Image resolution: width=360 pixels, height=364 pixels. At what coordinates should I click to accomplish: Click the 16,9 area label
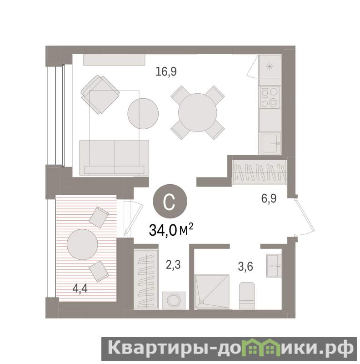pos(166,71)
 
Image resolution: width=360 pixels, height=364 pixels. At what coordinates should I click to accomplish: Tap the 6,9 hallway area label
pos(269,199)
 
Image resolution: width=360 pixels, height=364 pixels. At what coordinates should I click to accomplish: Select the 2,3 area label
pos(173,265)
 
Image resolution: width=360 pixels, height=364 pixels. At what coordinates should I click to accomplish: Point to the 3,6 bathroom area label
pos(245,267)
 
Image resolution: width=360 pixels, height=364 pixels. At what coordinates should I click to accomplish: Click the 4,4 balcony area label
pos(80,289)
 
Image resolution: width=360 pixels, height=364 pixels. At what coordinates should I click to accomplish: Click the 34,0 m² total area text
pos(171,230)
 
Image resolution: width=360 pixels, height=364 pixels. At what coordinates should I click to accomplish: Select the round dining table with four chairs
pos(198,112)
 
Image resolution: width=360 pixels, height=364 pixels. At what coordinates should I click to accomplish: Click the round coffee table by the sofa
pos(143,114)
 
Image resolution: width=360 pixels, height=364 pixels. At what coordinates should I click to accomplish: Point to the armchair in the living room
pos(100,95)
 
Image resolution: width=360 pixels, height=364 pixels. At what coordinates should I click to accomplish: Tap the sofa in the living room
pos(114,157)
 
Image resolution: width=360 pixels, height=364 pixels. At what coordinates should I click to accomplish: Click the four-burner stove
pos(270,97)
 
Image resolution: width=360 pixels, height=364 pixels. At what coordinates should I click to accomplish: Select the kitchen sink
pos(271,143)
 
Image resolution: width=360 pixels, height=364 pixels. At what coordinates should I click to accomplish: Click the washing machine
pos(174,300)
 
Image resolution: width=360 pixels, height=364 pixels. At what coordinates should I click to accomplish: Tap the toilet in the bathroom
pos(247,295)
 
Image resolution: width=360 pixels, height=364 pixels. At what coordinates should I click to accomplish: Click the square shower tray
pos(212,292)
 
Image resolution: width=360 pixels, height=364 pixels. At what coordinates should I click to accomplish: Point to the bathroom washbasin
pos(274,266)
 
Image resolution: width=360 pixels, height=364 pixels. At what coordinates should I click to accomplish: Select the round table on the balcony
pos(82,244)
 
